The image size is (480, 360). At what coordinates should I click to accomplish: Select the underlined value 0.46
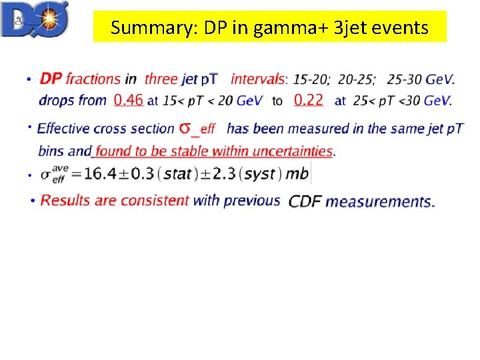point(129,100)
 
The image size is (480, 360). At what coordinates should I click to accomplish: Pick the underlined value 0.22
point(308,100)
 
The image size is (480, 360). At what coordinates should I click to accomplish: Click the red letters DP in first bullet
point(51,79)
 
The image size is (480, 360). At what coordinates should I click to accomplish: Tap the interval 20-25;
point(357,79)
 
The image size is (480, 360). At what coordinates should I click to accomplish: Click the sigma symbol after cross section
point(186,127)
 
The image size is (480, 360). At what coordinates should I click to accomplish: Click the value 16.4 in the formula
point(100,174)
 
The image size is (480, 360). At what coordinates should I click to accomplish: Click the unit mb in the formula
point(297,174)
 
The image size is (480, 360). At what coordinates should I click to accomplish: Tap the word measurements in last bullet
point(380,201)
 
